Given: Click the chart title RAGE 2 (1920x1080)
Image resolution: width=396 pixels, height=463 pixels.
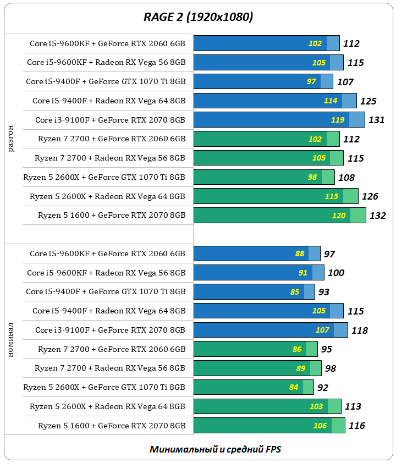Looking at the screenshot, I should tap(198, 18).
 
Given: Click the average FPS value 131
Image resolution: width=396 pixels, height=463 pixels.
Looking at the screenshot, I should tap(376, 120).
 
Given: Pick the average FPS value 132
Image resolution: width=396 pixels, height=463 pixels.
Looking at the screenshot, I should tap(377, 216).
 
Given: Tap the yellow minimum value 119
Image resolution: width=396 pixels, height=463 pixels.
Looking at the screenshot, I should tap(338, 120).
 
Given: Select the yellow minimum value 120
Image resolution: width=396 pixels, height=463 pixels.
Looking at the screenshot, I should tap(339, 216).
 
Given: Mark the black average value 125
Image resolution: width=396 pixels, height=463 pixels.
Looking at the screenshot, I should tap(369, 101).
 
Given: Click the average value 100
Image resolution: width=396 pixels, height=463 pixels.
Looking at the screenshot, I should tap(336, 273).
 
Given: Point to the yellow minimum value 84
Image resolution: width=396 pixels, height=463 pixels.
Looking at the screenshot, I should tap(294, 387).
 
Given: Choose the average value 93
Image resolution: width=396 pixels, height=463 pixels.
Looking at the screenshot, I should tap(323, 292).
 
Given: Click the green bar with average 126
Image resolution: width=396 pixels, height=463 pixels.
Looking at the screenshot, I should tap(275, 196).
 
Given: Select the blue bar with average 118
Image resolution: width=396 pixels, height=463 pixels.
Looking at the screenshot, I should tap(269, 330).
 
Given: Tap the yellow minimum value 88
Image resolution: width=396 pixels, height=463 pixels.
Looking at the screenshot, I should tap(300, 253).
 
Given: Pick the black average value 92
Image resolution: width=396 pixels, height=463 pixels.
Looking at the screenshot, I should tap(323, 388).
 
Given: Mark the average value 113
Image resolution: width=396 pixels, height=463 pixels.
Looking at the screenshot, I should tap(353, 406).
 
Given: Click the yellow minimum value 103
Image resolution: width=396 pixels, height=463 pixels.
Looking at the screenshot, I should tap(316, 406).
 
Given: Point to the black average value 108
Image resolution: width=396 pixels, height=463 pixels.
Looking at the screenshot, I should tap(346, 178).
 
